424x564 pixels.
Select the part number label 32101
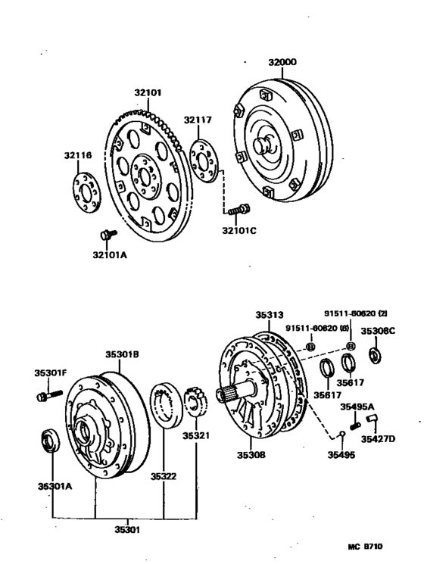pos(148,93)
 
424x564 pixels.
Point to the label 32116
pos(77,155)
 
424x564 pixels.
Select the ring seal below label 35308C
pos(375,355)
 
